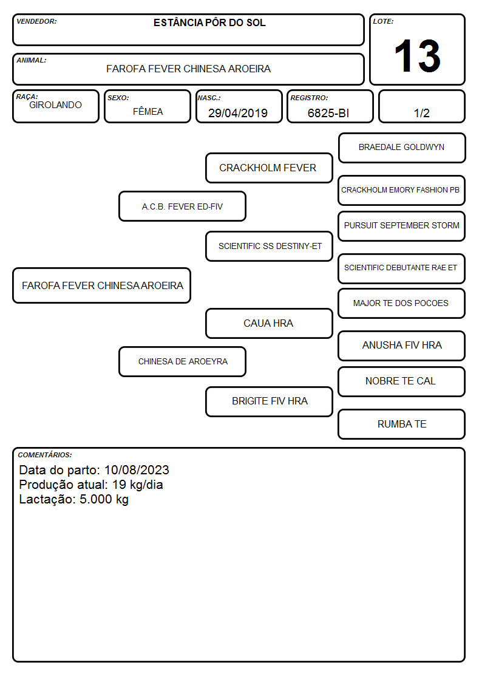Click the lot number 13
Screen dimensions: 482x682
417,56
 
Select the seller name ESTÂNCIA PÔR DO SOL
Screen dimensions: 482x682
209,22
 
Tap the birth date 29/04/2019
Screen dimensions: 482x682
238,113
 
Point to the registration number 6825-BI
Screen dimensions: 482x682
328,113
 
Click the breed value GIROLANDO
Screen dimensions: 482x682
55,105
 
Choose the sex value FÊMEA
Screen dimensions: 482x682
148,111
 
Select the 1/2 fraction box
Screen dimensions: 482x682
421,106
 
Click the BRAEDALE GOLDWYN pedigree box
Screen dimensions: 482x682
402,148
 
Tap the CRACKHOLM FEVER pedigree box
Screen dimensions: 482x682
269,168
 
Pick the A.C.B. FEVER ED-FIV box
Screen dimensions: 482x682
182,206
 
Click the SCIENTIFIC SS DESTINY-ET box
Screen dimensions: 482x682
269,246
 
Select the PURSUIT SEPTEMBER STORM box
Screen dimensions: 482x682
402,226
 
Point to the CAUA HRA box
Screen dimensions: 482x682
269,324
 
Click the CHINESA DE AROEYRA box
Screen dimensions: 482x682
182,361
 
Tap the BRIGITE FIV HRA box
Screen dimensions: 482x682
269,401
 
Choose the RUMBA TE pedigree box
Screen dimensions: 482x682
402,424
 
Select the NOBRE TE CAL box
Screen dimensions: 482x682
402,382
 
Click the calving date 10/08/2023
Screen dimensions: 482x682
137,469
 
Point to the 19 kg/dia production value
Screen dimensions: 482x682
137,485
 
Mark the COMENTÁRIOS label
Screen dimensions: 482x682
45,455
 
